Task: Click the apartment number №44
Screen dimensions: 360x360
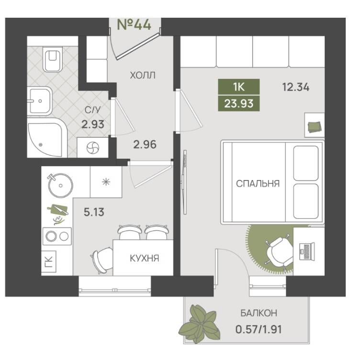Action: (134, 24)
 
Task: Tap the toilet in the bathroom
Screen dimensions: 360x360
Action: (53, 59)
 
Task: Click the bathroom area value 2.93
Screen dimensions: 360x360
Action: (93, 124)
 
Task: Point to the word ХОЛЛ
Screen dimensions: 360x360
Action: (143, 75)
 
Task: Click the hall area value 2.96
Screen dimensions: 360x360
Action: (145, 145)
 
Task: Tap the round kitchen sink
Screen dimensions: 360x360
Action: (60, 185)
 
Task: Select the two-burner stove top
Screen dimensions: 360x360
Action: (57, 236)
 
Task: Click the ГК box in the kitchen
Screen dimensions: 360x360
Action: (49, 262)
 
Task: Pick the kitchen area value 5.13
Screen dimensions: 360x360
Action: (94, 212)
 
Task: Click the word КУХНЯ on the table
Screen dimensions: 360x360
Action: (145, 259)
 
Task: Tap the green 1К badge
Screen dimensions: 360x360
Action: (239, 87)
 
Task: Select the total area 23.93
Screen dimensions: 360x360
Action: (239, 103)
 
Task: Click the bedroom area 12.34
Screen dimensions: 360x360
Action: (296, 87)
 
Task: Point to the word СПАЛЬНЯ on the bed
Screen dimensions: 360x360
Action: (258, 184)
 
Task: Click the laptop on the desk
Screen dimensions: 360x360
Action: (307, 251)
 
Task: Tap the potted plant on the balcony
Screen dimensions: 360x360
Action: (199, 324)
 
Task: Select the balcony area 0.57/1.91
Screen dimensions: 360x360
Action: (259, 329)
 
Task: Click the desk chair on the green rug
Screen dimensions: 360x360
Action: (280, 253)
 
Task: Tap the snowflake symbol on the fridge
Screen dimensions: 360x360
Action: (106, 182)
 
